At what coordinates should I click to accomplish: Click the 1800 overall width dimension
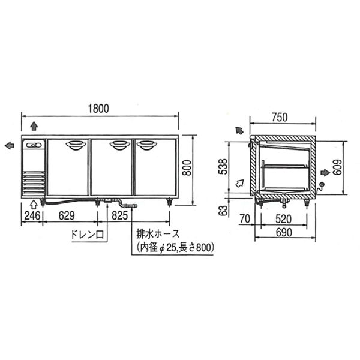tap(98, 109)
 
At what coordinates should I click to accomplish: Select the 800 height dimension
tap(187, 168)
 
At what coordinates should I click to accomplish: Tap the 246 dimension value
tap(32, 216)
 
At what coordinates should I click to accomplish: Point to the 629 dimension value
tap(67, 216)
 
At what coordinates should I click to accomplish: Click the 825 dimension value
tap(119, 216)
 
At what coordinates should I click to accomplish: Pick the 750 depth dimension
tap(280, 118)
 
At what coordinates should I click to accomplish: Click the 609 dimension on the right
tap(337, 167)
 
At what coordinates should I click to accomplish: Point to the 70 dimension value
tap(245, 218)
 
